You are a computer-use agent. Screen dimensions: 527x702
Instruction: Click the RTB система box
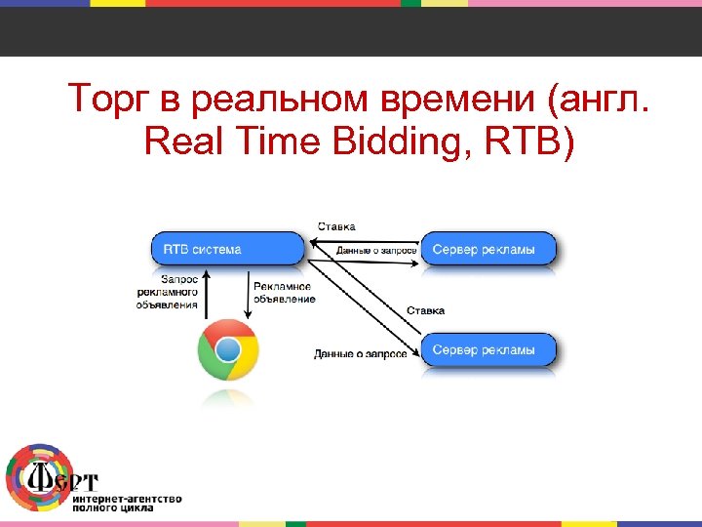point(227,249)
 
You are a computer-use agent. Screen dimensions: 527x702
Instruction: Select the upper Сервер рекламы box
point(488,249)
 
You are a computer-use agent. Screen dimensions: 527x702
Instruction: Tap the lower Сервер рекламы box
point(488,349)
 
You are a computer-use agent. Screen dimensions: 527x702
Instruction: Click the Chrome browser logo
point(228,350)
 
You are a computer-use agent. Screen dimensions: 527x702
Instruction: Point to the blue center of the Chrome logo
point(228,350)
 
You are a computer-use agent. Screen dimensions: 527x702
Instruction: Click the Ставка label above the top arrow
point(335,226)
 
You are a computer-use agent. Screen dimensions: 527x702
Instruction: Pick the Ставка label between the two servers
point(425,310)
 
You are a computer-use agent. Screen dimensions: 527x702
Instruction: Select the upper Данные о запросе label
point(376,251)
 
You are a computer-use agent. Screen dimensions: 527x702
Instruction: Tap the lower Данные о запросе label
point(360,353)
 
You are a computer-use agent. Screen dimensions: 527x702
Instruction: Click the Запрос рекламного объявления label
point(168,292)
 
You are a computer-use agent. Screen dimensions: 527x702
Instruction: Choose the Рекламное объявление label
point(283,293)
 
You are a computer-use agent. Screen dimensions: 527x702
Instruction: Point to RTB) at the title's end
point(532,143)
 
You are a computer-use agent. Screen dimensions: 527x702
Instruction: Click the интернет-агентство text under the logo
point(126,499)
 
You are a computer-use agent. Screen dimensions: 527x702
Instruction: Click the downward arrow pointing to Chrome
point(247,293)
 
